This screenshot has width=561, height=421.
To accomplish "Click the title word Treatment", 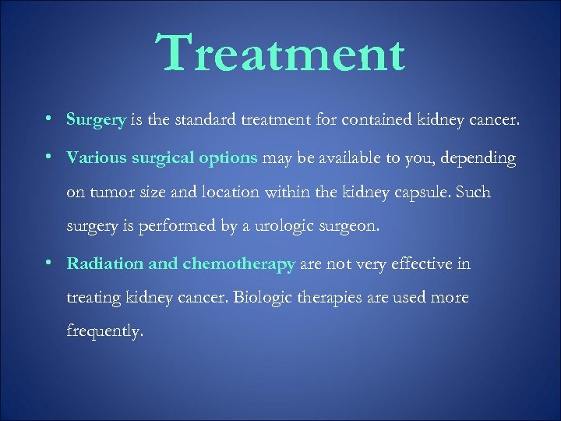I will click(x=280, y=54).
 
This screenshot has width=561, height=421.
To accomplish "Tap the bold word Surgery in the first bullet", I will click(x=96, y=120).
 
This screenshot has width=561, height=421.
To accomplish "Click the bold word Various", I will click(x=96, y=158).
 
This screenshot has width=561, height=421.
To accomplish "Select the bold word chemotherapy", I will click(x=238, y=264).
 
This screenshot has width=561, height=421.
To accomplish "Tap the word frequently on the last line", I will click(x=105, y=331).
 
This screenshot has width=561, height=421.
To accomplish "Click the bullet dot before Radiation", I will click(x=49, y=264).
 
